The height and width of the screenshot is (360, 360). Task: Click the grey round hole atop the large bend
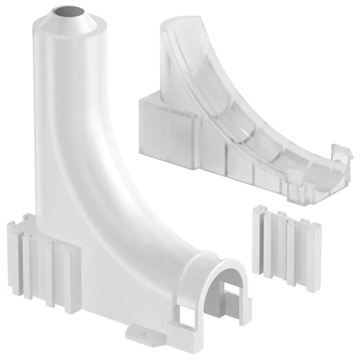click(x=69, y=12)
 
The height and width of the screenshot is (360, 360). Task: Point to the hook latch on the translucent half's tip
click(x=343, y=153)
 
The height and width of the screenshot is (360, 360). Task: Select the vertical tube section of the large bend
click(x=69, y=108)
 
